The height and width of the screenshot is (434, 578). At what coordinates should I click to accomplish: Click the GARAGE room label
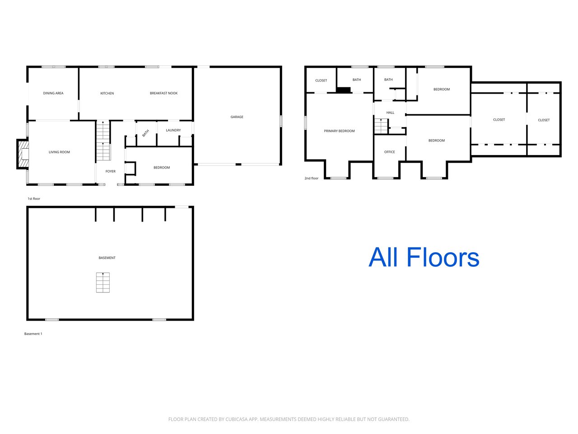[x=237, y=117]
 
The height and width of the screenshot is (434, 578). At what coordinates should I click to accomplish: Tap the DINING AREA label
[x=53, y=93]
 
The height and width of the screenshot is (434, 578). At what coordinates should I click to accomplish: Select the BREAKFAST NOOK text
[x=163, y=93]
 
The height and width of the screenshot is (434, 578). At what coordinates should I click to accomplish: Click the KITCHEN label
[x=107, y=93]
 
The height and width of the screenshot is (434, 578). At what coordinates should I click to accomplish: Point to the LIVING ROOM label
[x=59, y=152]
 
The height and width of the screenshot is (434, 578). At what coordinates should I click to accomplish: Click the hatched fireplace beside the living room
[x=23, y=154]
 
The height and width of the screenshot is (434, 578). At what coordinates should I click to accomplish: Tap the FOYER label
[x=110, y=171]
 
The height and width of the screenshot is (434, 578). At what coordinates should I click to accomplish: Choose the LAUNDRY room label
[x=173, y=130]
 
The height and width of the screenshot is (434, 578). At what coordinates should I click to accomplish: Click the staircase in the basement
[x=103, y=283]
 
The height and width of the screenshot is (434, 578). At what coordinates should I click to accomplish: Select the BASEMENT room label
[x=107, y=258]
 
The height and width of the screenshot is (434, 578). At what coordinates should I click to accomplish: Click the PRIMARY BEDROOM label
[x=339, y=131]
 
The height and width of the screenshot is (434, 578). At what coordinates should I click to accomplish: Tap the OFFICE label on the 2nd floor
[x=389, y=152]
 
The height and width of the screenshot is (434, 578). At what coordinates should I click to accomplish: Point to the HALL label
[x=390, y=113]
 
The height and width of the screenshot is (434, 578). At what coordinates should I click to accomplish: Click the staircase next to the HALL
[x=381, y=126]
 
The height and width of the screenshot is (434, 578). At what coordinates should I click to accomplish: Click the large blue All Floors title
[x=424, y=257]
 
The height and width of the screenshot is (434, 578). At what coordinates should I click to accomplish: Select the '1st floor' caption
[x=34, y=198]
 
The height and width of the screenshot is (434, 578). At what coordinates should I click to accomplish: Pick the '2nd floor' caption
[x=312, y=178]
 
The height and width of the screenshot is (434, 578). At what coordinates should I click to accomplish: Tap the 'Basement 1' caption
[x=33, y=334]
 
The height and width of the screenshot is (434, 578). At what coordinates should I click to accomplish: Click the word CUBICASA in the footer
[x=235, y=419]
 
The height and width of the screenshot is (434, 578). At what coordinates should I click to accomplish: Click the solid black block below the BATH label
[x=343, y=90]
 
